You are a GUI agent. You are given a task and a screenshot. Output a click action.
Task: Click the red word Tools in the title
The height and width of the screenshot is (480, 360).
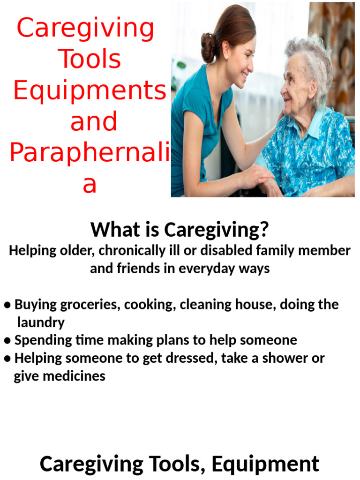(89, 60)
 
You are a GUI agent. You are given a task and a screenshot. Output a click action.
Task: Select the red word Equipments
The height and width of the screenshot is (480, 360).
(89, 91)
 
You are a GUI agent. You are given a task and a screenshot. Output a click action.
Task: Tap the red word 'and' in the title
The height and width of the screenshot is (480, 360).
(93, 121)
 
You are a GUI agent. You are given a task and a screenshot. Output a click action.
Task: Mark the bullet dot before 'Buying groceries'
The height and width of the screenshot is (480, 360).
(7, 305)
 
